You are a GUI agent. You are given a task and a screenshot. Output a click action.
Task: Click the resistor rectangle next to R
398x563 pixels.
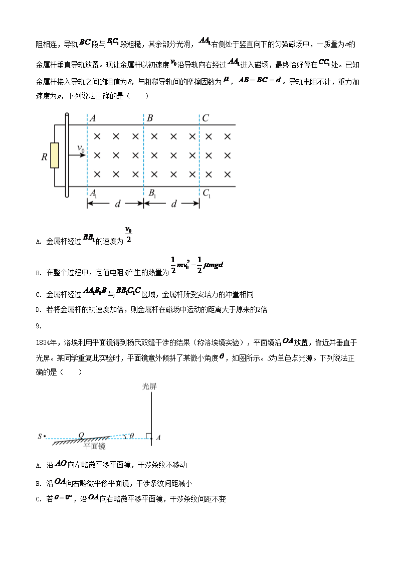[55, 155]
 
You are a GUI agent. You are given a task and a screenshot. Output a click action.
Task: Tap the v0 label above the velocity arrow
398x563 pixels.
[81, 148]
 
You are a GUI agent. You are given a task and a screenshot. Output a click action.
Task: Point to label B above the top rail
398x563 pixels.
[150, 118]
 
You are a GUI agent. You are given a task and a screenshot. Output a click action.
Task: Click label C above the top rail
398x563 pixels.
[205, 118]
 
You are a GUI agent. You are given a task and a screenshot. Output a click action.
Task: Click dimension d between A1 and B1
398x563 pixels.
[116, 204]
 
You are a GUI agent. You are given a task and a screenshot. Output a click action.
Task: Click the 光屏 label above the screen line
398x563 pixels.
[150, 386]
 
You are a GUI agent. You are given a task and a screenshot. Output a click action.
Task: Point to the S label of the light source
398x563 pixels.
[40, 437]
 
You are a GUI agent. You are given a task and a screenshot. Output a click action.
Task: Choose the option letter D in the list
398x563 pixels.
[38, 310]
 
